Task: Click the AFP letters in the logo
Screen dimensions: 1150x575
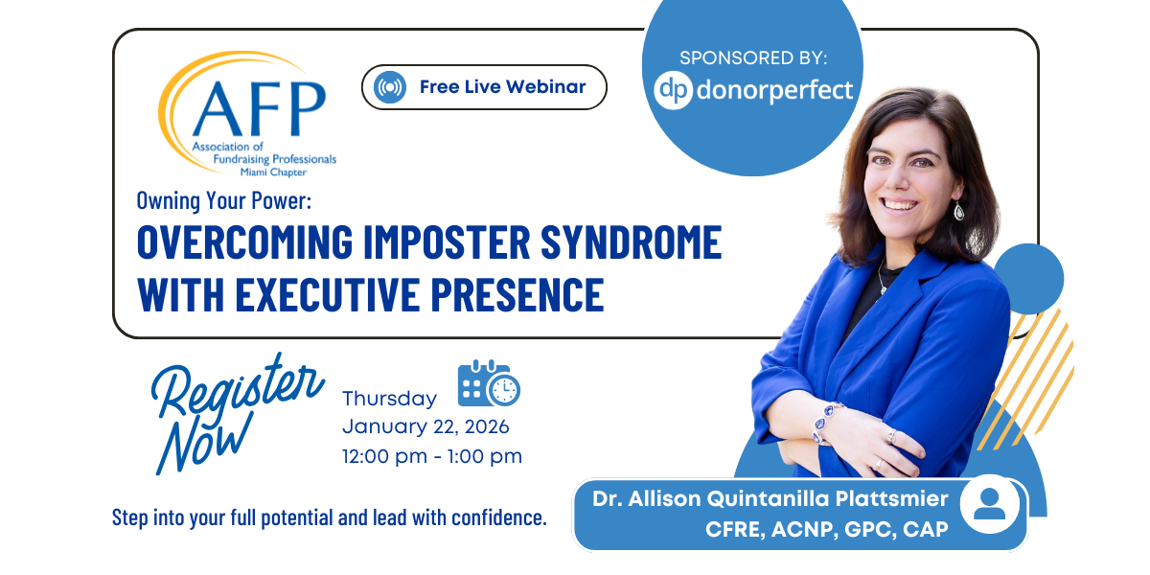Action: tap(260, 108)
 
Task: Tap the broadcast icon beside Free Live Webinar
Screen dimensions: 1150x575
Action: tap(390, 87)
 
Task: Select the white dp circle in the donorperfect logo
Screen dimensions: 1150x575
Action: tap(673, 91)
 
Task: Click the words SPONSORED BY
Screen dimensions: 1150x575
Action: tap(753, 58)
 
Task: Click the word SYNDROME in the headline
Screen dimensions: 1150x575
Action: tap(632, 241)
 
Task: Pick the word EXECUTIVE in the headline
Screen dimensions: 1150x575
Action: tap(328, 295)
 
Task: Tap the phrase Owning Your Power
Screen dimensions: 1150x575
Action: tap(224, 200)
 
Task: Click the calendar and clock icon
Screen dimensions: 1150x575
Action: tap(489, 383)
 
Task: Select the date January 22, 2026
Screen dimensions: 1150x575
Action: tap(425, 426)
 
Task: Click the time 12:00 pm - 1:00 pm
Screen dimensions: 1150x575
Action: tap(432, 456)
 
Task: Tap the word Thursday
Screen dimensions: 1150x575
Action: tap(390, 399)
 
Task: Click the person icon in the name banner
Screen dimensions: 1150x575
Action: tap(989, 505)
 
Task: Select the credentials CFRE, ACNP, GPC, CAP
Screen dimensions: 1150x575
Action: tap(826, 530)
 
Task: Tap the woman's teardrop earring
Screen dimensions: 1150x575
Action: tap(958, 211)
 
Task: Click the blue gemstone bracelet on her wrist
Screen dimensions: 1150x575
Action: tap(824, 422)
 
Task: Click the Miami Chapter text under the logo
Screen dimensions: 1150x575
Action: tap(273, 172)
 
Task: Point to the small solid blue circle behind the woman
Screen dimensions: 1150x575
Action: tap(1028, 279)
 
